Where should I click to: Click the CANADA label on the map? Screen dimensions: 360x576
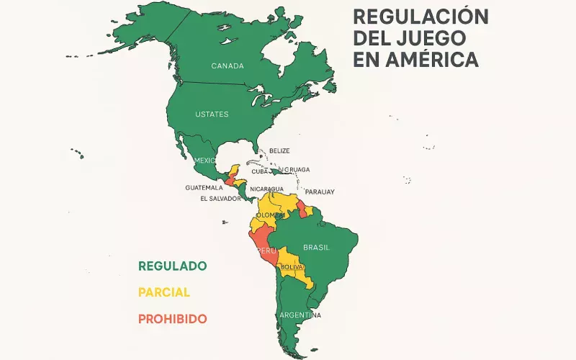pos(228,66)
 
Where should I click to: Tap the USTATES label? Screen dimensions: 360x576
pos(212,114)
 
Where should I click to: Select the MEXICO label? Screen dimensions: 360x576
pos(204,160)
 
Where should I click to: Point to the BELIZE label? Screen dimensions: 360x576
pos(279,150)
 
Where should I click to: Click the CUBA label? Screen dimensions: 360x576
pos(260,171)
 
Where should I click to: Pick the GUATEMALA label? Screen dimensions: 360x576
pos(204,187)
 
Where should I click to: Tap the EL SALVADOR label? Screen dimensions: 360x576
pos(220,199)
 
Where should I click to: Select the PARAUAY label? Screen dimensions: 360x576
pos(320,192)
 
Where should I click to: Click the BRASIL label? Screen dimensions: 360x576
pos(316,247)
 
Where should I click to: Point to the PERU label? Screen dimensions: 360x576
pos(266,251)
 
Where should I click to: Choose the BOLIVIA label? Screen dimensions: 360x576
pos(292,267)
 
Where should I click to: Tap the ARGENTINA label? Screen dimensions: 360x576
pos(300,315)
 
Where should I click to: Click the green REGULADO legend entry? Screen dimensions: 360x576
pos(173,266)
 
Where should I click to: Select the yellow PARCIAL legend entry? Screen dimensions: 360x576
pos(164,292)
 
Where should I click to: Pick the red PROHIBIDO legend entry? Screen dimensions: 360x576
pos(173,318)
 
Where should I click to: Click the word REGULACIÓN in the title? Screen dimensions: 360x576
pos(420,17)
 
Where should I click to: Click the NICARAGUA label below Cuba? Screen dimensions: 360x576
pos(266,189)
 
